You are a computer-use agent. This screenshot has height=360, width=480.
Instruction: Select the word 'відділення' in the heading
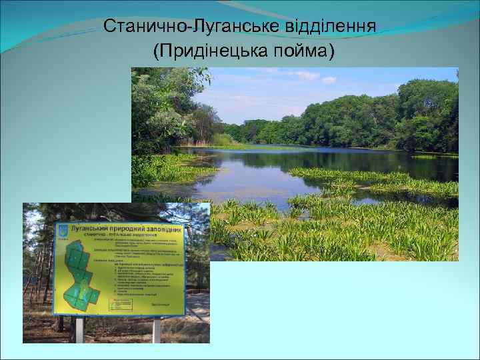pos(333,27)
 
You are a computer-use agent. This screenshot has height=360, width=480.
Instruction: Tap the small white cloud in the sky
pos(329,80)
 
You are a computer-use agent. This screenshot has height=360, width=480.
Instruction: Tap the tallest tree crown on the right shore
pos(427,100)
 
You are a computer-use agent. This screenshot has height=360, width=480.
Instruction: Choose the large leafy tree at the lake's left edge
pos(160,107)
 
